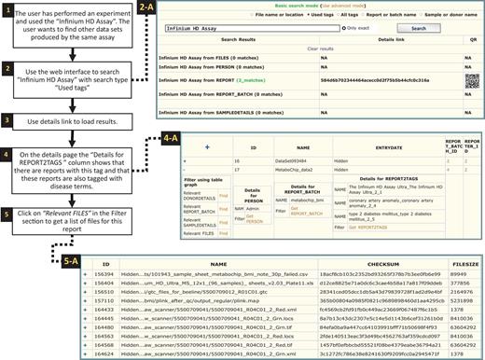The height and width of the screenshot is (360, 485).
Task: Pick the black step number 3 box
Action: pyautogui.click(x=7, y=122)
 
